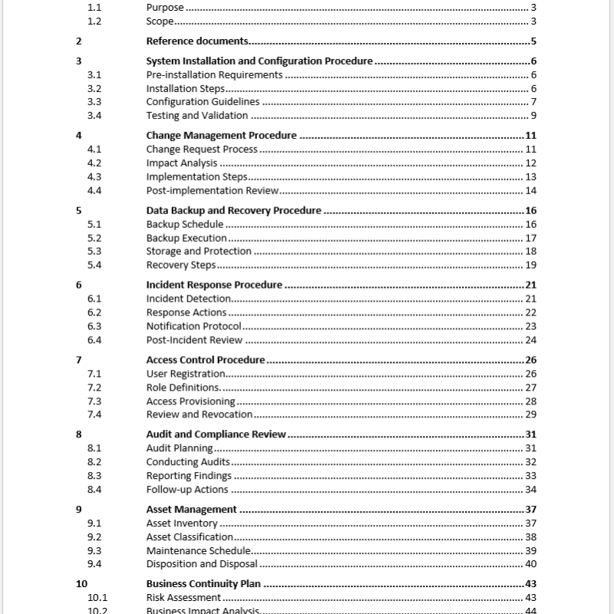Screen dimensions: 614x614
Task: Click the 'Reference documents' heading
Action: point(197,41)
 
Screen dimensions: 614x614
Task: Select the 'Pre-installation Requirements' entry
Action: point(214,75)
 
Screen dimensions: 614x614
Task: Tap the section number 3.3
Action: point(94,102)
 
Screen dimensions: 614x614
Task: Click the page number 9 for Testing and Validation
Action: point(533,116)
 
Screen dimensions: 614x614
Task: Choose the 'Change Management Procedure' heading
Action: point(221,136)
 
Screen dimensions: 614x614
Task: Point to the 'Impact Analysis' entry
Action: point(182,163)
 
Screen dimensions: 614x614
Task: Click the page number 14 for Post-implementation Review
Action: point(530,191)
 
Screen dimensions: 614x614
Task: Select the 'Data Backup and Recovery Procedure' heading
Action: point(233,210)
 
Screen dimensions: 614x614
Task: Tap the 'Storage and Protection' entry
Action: point(199,252)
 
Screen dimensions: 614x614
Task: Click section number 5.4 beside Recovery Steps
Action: point(94,266)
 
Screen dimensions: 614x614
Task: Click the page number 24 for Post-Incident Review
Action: point(530,340)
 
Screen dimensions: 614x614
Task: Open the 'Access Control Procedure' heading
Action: point(205,359)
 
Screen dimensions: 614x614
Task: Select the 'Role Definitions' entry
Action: point(183,388)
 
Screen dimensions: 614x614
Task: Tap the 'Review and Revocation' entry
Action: point(199,414)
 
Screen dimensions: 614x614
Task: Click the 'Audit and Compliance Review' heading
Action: point(216,434)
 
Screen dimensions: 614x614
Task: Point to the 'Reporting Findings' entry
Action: point(189,476)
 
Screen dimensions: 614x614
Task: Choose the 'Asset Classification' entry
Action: point(190,537)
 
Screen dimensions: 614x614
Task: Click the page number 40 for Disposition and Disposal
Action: point(530,564)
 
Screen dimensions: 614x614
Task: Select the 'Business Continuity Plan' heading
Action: point(203,584)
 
